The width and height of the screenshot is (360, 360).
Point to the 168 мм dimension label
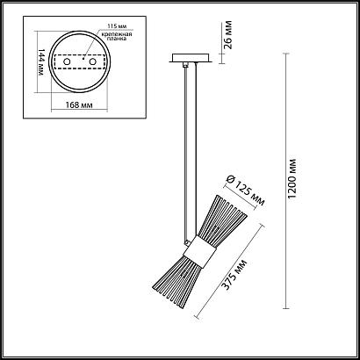[x=81, y=105]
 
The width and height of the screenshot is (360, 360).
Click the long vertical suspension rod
[x=186, y=149]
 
